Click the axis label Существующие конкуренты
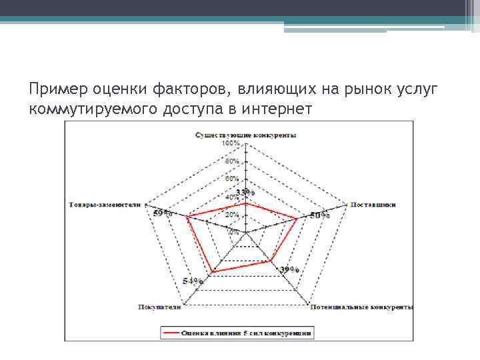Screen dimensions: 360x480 point(246,135)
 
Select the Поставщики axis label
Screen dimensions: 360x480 point(373,205)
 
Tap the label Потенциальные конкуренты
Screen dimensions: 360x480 point(361,307)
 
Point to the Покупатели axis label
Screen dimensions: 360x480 point(159,307)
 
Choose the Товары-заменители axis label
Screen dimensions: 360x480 point(105,205)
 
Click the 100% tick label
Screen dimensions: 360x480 point(232,143)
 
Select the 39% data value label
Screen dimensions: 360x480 point(289,269)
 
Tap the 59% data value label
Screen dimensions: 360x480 point(162,213)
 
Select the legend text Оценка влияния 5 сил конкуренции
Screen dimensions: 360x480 point(247,331)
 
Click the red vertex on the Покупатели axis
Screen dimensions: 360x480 point(212,272)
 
